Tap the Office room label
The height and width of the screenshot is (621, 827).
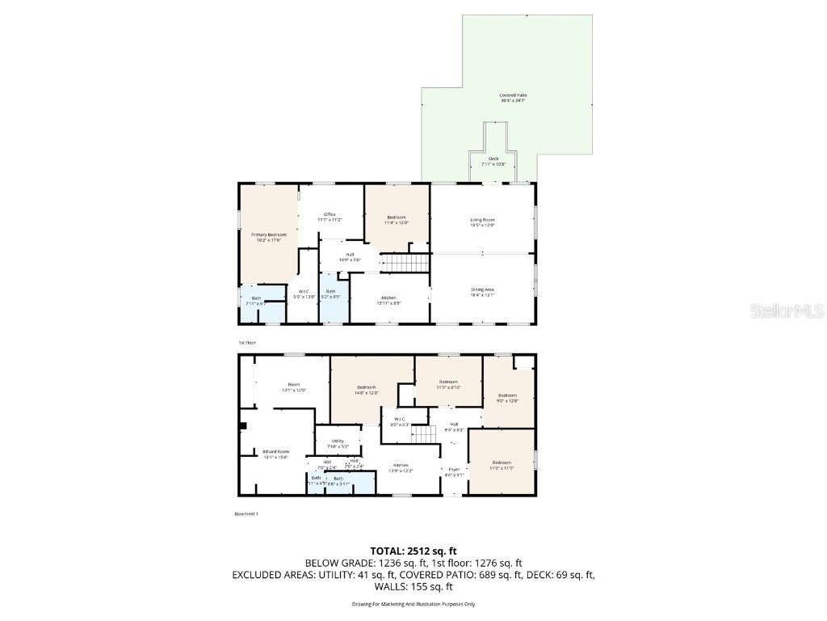tap(330, 217)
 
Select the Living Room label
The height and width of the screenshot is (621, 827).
tap(482, 222)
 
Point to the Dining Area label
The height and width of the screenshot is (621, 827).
tap(482, 292)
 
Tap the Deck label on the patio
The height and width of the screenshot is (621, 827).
tap(493, 161)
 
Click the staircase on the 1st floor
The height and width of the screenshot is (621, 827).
tap(405, 263)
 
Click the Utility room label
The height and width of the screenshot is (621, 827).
tap(338, 443)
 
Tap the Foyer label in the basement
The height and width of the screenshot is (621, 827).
tap(453, 471)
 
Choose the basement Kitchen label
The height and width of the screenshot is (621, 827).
tap(401, 467)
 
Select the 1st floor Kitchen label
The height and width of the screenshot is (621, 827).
tap(389, 300)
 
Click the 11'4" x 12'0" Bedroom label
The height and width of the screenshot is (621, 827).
tap(396, 219)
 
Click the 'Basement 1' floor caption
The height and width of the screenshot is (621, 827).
tap(246, 513)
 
